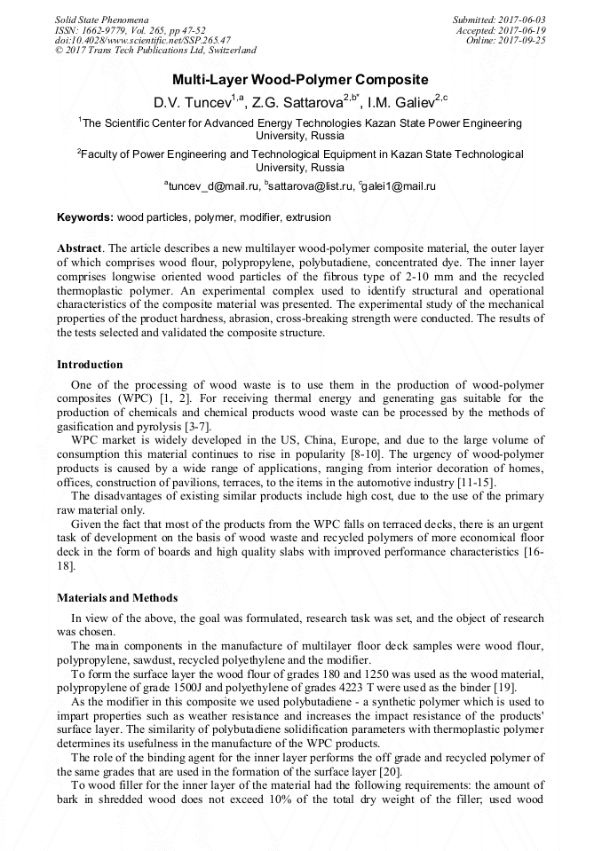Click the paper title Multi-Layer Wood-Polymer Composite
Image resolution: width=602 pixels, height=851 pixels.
pyautogui.click(x=300, y=79)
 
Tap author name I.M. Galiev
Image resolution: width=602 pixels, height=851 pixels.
pyautogui.click(x=405, y=103)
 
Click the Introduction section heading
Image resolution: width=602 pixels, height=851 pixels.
pyautogui.click(x=90, y=365)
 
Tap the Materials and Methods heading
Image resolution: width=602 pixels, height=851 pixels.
pyautogui.click(x=117, y=598)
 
